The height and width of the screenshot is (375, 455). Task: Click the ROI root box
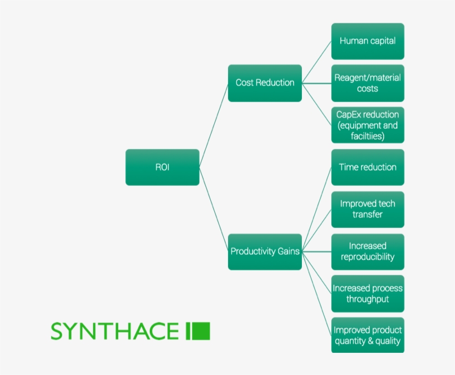(162, 167)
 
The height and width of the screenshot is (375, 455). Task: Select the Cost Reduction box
(265, 83)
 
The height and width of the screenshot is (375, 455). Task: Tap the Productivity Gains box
(265, 251)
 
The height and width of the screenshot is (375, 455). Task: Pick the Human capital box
(367, 41)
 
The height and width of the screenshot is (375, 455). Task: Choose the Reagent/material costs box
(367, 83)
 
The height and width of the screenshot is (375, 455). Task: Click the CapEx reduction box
(367, 125)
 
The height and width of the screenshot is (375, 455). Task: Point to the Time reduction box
(367, 167)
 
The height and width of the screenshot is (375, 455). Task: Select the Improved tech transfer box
(367, 209)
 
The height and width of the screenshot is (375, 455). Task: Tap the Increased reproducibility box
(367, 251)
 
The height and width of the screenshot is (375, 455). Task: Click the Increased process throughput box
(367, 293)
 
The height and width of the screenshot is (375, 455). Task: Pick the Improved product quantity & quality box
(367, 335)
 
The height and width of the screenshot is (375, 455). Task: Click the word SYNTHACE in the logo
(115, 331)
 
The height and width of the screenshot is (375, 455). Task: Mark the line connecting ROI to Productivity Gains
(214, 209)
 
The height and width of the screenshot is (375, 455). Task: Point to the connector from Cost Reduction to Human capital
(317, 62)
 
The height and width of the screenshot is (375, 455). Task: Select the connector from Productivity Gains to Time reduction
(317, 209)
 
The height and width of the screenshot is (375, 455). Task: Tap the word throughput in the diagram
(367, 299)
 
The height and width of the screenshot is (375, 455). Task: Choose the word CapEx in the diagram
(348, 115)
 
